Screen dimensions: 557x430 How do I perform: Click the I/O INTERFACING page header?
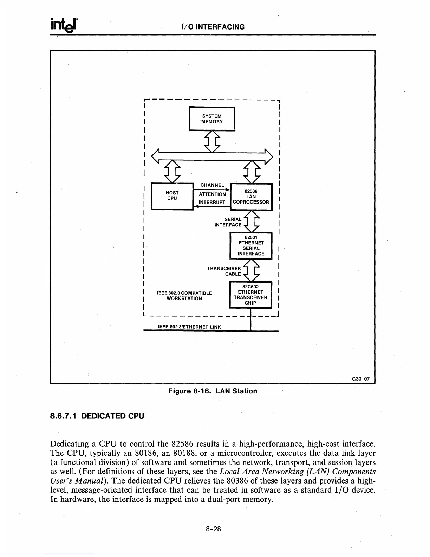pyautogui.click(x=213, y=27)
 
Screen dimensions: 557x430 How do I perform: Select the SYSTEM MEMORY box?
pyautogui.click(x=212, y=119)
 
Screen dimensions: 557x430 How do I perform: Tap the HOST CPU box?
pyautogui.click(x=172, y=196)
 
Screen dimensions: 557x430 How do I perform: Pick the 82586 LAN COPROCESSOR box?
pyautogui.click(x=251, y=197)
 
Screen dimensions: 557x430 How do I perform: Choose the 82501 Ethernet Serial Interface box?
pyautogui.click(x=251, y=245)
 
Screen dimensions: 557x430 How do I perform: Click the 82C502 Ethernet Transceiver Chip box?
pyautogui.click(x=250, y=295)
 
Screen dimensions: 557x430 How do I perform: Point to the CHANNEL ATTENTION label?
pyautogui.click(x=212, y=190)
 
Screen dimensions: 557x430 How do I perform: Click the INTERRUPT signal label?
pyautogui.click(x=212, y=202)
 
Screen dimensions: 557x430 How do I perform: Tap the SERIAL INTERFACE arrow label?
pyautogui.click(x=228, y=222)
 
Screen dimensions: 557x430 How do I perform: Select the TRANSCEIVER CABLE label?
pyautogui.click(x=224, y=271)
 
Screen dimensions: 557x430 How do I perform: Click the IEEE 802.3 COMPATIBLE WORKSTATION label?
pyautogui.click(x=184, y=296)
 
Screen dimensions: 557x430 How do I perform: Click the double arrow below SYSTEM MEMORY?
pyautogui.click(x=212, y=141)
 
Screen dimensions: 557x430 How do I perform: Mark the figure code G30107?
pyautogui.click(x=361, y=379)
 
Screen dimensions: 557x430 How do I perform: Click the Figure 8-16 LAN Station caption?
pyautogui.click(x=213, y=391)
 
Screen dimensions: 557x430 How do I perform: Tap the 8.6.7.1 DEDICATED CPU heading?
pyautogui.click(x=97, y=416)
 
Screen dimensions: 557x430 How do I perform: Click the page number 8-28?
pyautogui.click(x=213, y=529)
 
